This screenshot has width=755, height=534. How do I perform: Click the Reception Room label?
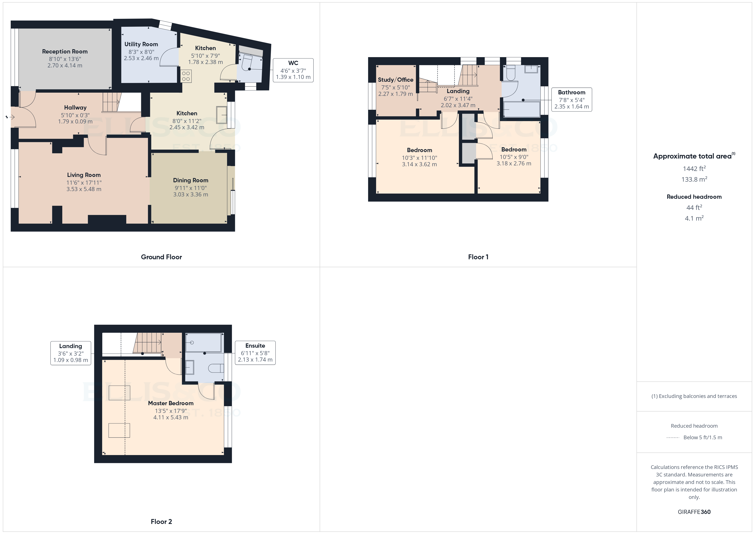tap(65, 52)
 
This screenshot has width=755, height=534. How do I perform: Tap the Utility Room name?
tap(141, 44)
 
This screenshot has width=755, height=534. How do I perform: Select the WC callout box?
tap(293, 70)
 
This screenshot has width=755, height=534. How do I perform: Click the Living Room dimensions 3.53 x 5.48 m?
tap(84, 189)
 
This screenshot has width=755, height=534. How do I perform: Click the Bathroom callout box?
tap(572, 99)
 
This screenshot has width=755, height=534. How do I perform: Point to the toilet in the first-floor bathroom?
tap(511, 73)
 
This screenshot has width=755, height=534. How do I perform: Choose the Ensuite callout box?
tap(255, 353)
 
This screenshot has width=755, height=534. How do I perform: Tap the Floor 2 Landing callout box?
tap(71, 353)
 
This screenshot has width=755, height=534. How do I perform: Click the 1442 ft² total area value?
tap(694, 169)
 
